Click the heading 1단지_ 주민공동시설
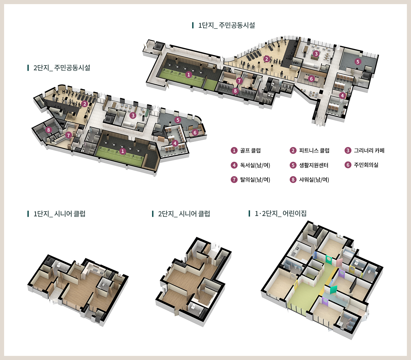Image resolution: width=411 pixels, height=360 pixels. (226, 25)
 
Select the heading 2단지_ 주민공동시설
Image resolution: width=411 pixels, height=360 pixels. (62, 68)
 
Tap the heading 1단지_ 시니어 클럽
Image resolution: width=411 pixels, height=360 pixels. (59, 214)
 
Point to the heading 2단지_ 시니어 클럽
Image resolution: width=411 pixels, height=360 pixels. (184, 214)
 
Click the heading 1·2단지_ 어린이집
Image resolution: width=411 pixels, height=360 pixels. (281, 213)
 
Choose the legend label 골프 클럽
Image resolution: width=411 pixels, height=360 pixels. (250, 151)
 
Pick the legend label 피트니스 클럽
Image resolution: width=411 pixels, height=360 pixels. (314, 151)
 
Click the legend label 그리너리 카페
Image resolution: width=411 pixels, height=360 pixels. (369, 151)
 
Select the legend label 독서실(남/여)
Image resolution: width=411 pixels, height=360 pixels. (255, 165)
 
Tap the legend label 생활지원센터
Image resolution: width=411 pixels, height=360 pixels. (314, 165)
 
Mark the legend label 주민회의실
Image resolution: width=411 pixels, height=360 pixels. (366, 165)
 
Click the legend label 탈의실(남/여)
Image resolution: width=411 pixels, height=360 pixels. (255, 179)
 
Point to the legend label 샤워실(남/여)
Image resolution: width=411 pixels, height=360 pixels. (314, 179)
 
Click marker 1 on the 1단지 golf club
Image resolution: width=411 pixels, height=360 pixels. (188, 75)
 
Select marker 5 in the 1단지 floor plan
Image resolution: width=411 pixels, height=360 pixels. (358, 61)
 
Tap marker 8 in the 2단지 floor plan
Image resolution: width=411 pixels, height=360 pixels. (48, 130)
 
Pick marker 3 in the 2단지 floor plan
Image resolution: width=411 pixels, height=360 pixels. (133, 116)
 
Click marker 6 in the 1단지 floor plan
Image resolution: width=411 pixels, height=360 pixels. (311, 79)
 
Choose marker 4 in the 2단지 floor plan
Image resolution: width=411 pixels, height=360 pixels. (175, 143)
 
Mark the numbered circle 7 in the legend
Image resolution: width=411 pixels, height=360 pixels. (234, 179)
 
